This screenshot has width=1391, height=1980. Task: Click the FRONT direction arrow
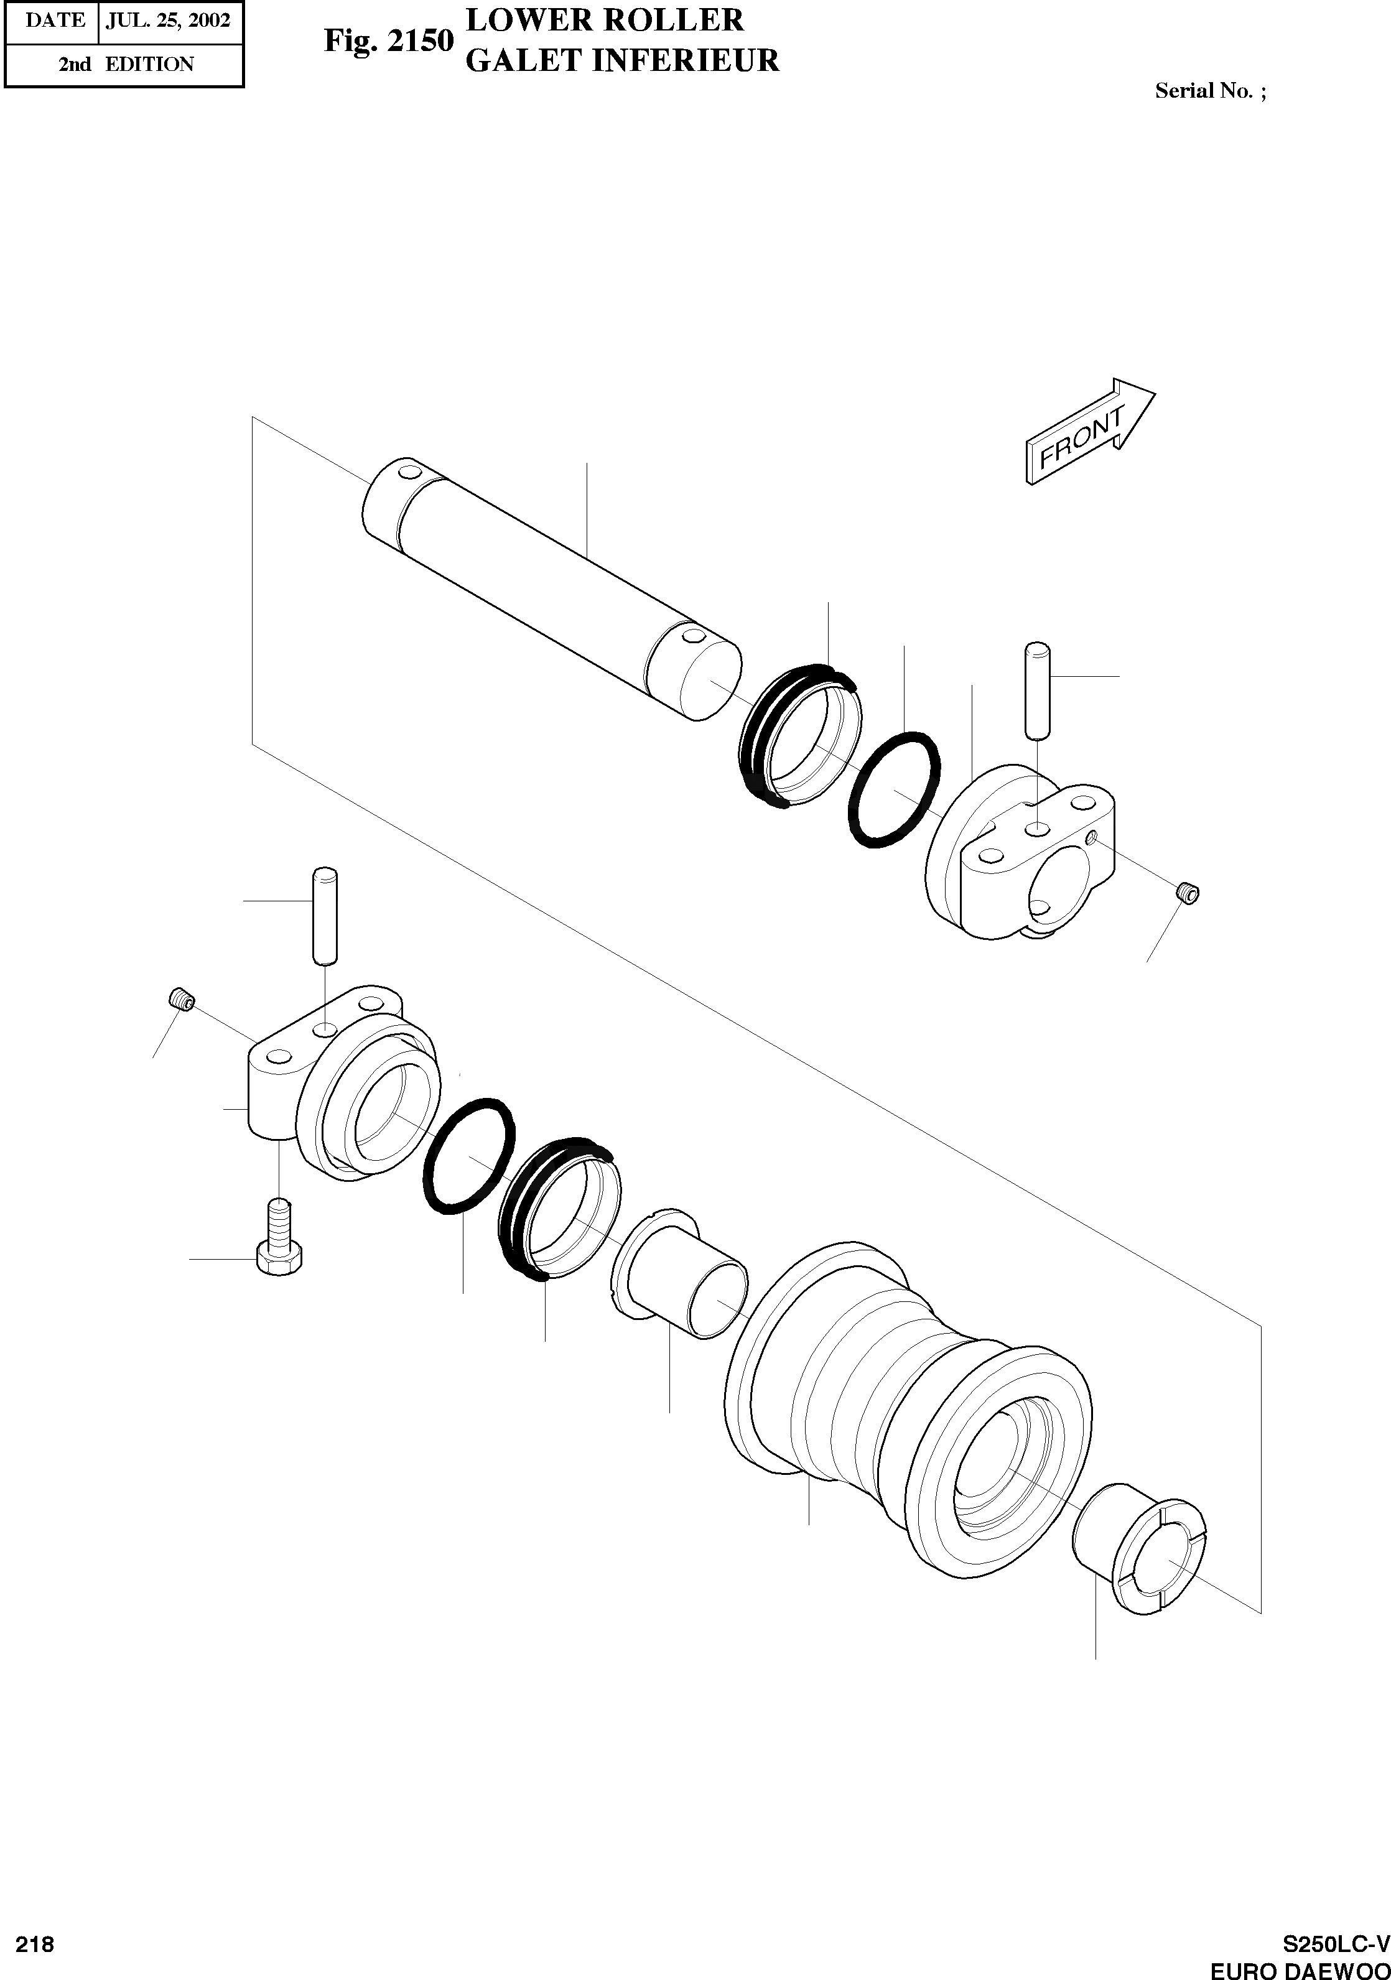(x=1088, y=431)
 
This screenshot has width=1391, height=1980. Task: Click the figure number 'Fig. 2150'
(x=388, y=40)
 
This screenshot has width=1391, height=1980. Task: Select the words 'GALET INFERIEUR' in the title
(x=621, y=60)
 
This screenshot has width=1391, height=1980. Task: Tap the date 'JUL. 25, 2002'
(x=168, y=20)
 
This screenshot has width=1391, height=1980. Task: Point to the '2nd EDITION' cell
(x=126, y=64)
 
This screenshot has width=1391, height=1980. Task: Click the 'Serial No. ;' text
(x=1211, y=91)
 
